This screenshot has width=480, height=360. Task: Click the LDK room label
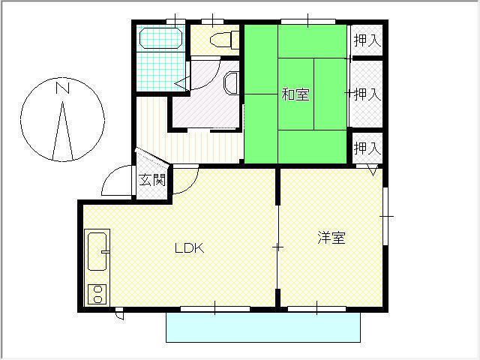coord(190,248)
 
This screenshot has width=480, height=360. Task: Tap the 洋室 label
coord(331,238)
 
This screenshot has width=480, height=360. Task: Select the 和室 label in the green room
coord(295,94)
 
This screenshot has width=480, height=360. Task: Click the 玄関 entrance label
coord(152,180)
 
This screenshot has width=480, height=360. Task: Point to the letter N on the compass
coord(63,88)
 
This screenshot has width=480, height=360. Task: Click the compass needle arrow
coord(63,131)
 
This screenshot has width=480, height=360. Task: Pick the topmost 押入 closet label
coord(367,40)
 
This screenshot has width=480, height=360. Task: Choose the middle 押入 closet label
coord(367,94)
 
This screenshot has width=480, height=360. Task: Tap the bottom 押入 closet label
coord(367,148)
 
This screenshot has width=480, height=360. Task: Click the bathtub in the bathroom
coord(161,38)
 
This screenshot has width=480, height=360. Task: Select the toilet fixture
coord(224,40)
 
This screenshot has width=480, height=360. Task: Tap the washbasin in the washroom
coord(231,83)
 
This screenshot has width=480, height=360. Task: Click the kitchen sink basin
coord(97,252)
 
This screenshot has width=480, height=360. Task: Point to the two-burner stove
coord(97,294)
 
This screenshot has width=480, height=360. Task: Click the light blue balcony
coord(263,327)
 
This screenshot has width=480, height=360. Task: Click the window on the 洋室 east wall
coord(385,216)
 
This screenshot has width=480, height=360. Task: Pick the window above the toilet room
coord(212,22)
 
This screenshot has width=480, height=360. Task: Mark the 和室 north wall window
coord(308,22)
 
